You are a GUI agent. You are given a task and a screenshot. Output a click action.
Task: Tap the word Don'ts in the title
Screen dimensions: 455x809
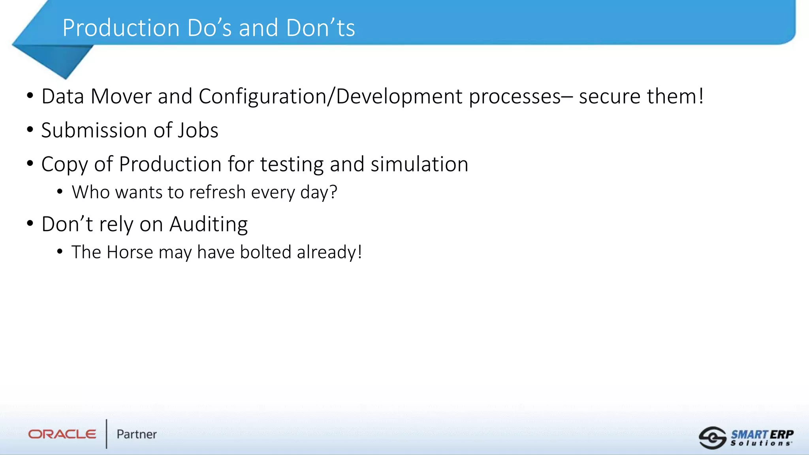(320, 28)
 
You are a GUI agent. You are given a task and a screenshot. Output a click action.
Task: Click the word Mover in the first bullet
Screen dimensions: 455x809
(121, 96)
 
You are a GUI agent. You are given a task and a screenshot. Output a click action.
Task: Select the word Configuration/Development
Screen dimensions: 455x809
(330, 96)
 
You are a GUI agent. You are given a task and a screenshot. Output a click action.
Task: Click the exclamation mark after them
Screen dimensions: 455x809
(701, 96)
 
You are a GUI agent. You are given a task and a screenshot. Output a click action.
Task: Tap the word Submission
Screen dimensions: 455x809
(94, 130)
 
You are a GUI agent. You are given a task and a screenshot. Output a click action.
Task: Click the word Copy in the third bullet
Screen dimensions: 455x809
(64, 164)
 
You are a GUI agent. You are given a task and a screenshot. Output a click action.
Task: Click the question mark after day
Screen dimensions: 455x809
(333, 192)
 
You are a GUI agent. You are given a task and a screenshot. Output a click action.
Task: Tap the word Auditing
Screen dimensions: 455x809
(209, 224)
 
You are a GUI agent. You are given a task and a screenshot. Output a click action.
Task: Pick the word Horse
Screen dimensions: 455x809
(130, 252)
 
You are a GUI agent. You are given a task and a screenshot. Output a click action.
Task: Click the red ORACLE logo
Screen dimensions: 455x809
(62, 434)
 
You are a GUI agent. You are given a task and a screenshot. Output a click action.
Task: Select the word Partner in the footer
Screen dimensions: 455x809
(136, 434)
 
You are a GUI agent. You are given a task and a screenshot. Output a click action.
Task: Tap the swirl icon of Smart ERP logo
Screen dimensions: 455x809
(712, 438)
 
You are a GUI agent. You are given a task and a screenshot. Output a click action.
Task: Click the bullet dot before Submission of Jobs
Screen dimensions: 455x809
(30, 130)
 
